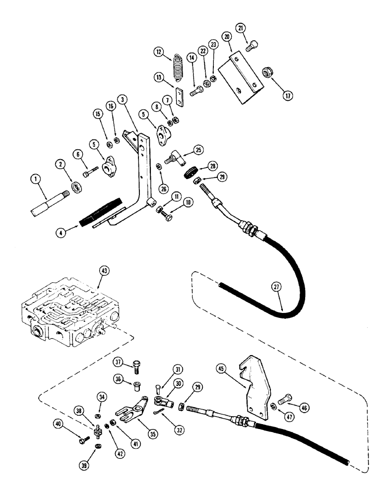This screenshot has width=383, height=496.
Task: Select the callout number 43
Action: tap(104, 271)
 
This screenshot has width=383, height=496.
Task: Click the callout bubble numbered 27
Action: tap(276, 287)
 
